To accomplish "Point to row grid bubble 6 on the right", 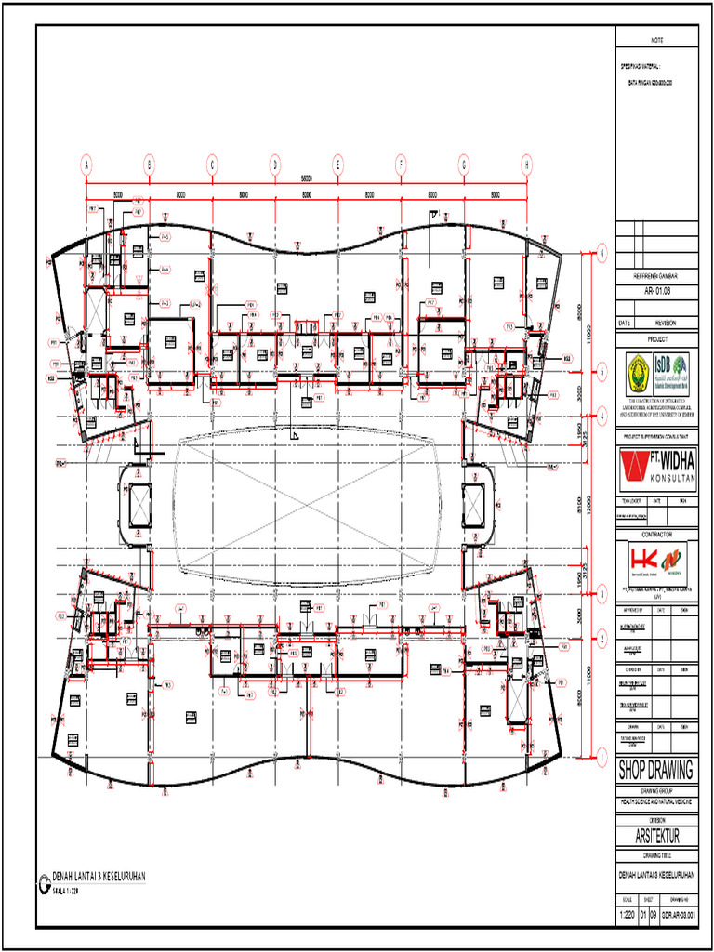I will coord(602,252).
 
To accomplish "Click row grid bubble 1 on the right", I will coord(602,759).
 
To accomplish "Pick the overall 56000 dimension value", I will coord(305,178).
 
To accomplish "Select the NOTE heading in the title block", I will coord(656,41).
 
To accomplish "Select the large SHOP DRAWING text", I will coord(656,771).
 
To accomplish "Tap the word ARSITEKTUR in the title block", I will coord(656,838).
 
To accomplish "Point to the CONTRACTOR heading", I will coord(656,535).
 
